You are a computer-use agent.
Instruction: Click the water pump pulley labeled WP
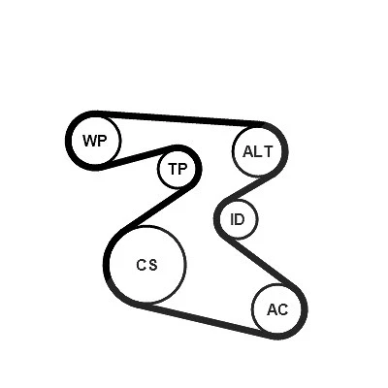[x=95, y=141]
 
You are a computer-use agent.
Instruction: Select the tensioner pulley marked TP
[x=177, y=169]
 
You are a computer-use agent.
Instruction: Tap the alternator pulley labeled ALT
[x=258, y=151]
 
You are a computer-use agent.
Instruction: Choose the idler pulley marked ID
[x=239, y=219]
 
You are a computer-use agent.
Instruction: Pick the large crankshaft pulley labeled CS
[x=147, y=265]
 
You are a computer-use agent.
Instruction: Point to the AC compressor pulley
[x=277, y=309]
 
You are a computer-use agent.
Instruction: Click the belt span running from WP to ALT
[x=178, y=118]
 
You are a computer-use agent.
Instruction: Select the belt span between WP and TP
[x=138, y=157]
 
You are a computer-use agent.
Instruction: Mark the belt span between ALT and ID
[x=249, y=187]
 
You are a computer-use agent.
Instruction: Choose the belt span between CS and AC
[x=207, y=320]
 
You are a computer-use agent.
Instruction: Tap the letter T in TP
[x=173, y=169]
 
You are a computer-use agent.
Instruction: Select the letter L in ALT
[x=258, y=151]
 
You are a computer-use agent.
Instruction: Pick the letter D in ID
[x=241, y=220]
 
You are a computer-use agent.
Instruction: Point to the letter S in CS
[x=153, y=265]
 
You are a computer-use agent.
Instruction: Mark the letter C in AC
[x=282, y=310]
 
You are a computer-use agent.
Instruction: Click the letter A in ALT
[x=248, y=151]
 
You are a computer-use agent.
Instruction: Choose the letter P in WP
[x=102, y=141]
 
